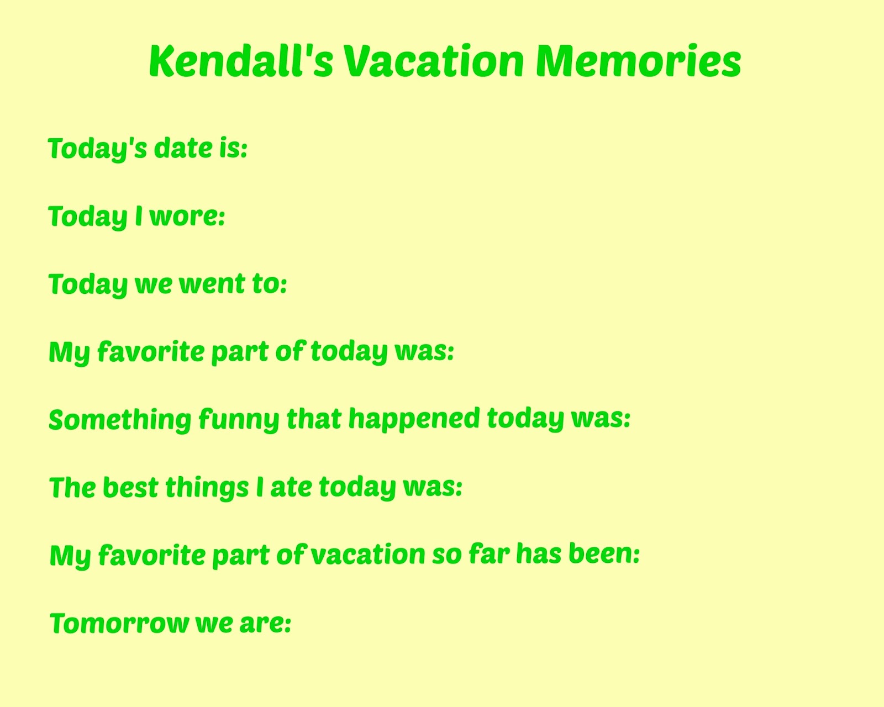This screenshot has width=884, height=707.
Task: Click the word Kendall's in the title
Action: pos(241,61)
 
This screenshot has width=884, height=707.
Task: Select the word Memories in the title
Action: pos(638,61)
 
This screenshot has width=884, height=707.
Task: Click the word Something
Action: pos(120,420)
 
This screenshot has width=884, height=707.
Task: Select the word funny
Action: pos(239,420)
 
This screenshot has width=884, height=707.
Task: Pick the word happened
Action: pos(414,419)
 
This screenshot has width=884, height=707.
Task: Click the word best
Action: pos(130,487)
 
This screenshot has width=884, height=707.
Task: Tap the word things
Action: pos(207,488)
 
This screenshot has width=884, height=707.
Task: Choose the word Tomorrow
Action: pos(119,624)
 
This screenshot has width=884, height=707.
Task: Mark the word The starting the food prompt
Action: pos(72,487)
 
